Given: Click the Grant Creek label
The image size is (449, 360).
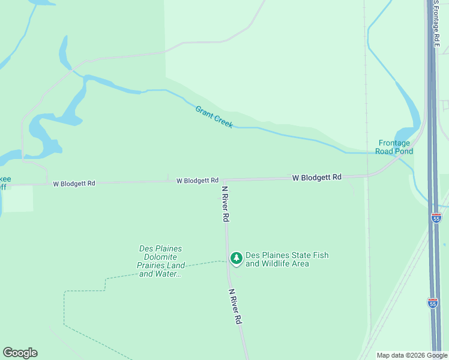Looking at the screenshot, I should (x=214, y=117).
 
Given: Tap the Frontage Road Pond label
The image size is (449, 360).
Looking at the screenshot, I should (x=395, y=147).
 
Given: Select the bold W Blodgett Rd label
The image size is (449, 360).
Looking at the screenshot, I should (x=317, y=178).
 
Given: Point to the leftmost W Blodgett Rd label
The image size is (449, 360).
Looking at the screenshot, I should (x=74, y=184).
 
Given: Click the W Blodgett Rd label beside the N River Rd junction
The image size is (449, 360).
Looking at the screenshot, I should (x=197, y=181).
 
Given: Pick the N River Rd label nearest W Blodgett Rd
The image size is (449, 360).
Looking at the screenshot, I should (x=225, y=203).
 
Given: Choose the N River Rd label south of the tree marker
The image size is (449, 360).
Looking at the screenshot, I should (x=235, y=307).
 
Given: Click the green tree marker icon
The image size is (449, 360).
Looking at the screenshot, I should (x=237, y=258).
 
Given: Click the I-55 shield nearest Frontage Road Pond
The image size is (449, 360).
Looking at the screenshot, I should (x=436, y=218).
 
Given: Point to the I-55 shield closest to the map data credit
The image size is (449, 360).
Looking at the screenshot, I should (x=433, y=303).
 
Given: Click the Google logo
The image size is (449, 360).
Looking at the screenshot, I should (x=20, y=353).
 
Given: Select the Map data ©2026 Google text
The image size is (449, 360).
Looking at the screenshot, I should (x=412, y=355).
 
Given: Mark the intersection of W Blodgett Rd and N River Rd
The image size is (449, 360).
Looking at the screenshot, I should (x=223, y=180).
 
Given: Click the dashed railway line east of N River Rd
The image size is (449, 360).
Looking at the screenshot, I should (x=367, y=240).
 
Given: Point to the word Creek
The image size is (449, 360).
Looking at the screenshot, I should (x=223, y=122).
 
